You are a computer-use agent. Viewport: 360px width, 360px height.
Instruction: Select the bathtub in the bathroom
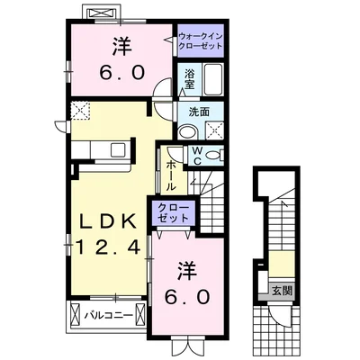pos(213,82)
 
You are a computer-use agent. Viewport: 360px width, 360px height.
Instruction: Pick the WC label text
pos(193,154)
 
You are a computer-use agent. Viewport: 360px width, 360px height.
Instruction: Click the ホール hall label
pos(169,168)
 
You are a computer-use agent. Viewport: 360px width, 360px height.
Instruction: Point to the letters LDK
pos(106,220)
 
